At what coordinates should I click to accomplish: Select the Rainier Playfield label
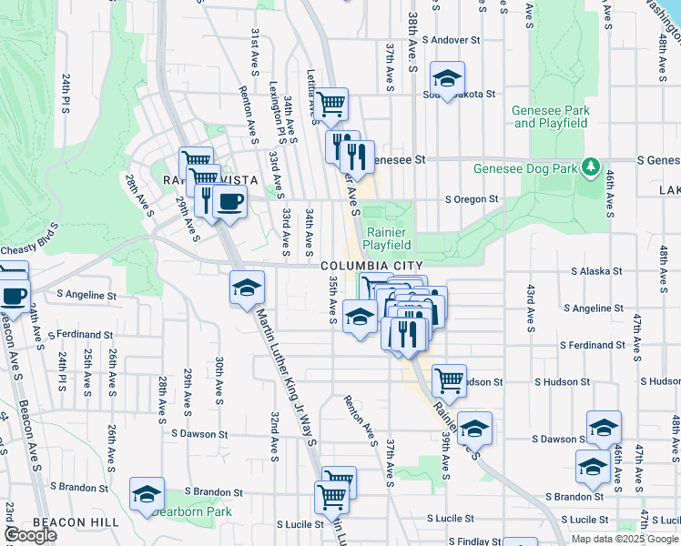(x=388, y=238)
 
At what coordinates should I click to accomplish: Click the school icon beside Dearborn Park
(x=147, y=494)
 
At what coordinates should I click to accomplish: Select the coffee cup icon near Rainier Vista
(x=229, y=202)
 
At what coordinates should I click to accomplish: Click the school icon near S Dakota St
(x=447, y=78)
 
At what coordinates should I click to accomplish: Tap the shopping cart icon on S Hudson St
(x=449, y=379)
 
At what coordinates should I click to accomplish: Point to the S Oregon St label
(x=471, y=199)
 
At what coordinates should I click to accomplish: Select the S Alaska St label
(x=596, y=271)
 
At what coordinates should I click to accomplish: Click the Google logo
(x=30, y=534)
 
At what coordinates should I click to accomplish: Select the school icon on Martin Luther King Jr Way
(x=247, y=288)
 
